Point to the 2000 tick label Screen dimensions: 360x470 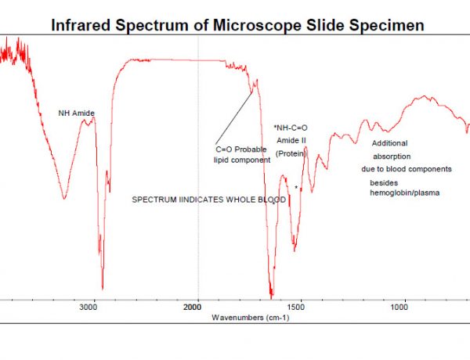pyautogui.click(x=197, y=308)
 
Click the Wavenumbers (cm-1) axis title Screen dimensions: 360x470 pyautogui.click(x=250, y=318)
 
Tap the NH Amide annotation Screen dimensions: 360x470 pyautogui.click(x=77, y=113)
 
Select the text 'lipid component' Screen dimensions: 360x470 pyautogui.click(x=242, y=160)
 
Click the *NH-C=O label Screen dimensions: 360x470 pyautogui.click(x=291, y=128)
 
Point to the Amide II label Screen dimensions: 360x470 pyautogui.click(x=290, y=140)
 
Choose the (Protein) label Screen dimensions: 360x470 pyautogui.click(x=290, y=154)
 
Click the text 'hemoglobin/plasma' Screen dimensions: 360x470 pyautogui.click(x=404, y=193)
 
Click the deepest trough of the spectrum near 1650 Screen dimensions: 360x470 pyautogui.click(x=271, y=297)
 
